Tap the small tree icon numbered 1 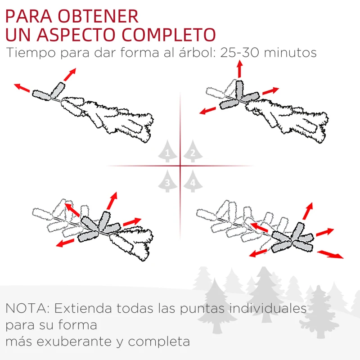point(167,152)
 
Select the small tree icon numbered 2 point(193,152)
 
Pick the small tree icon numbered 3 point(167,181)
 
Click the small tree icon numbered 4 point(193,181)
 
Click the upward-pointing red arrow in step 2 point(239,69)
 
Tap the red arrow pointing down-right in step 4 point(330,254)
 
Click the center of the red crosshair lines point(180,166)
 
